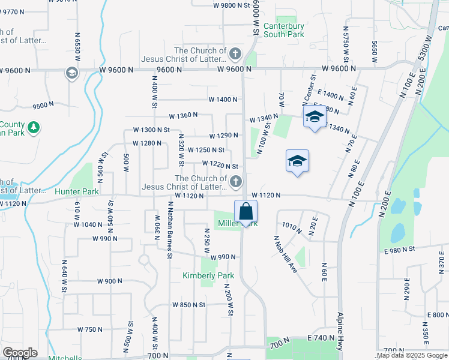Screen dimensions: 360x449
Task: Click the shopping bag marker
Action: [x=246, y=211]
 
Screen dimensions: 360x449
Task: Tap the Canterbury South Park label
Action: [x=280, y=30]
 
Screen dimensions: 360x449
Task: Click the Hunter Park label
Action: [x=76, y=191]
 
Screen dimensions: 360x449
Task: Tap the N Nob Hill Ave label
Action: [x=286, y=253]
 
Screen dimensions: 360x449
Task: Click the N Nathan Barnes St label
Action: [x=170, y=230]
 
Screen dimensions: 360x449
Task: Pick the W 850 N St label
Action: [x=188, y=305]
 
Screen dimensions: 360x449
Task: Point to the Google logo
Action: [x=20, y=353]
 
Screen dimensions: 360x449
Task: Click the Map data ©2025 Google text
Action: [x=412, y=356]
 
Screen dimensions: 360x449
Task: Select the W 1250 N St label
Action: [x=206, y=150]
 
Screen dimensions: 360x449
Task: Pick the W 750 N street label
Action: [x=90, y=329]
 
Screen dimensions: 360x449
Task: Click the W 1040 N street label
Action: [x=88, y=224]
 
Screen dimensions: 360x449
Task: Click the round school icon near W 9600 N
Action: [x=71, y=73]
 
